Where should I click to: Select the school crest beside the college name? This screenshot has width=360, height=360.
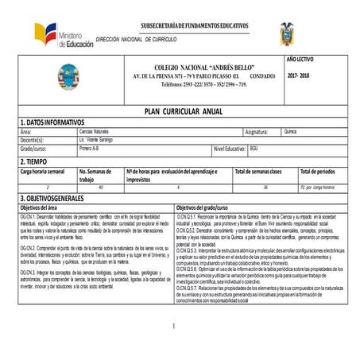coord(68,77)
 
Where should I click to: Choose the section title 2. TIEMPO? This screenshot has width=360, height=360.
coord(36,161)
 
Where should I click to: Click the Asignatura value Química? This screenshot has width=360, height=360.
coord(291,130)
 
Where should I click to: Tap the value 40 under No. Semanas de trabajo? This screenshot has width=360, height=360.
coord(101,188)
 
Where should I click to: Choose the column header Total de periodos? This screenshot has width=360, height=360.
coord(318,171)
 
